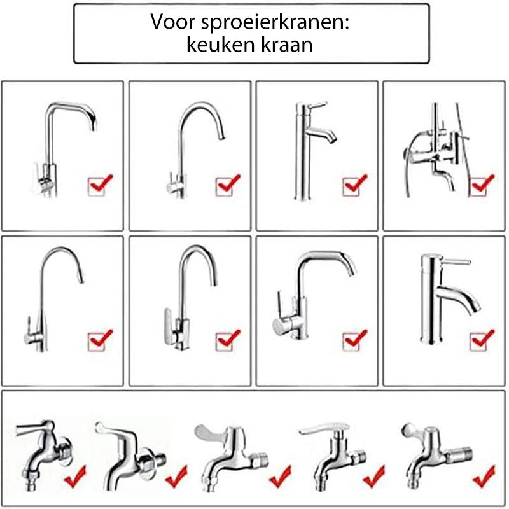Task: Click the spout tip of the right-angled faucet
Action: (x=92, y=125)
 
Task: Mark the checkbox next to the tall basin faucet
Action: (x=354, y=185)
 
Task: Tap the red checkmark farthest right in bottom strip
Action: (x=483, y=474)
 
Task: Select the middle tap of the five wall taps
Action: (x=232, y=455)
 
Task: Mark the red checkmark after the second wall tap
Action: (x=175, y=474)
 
